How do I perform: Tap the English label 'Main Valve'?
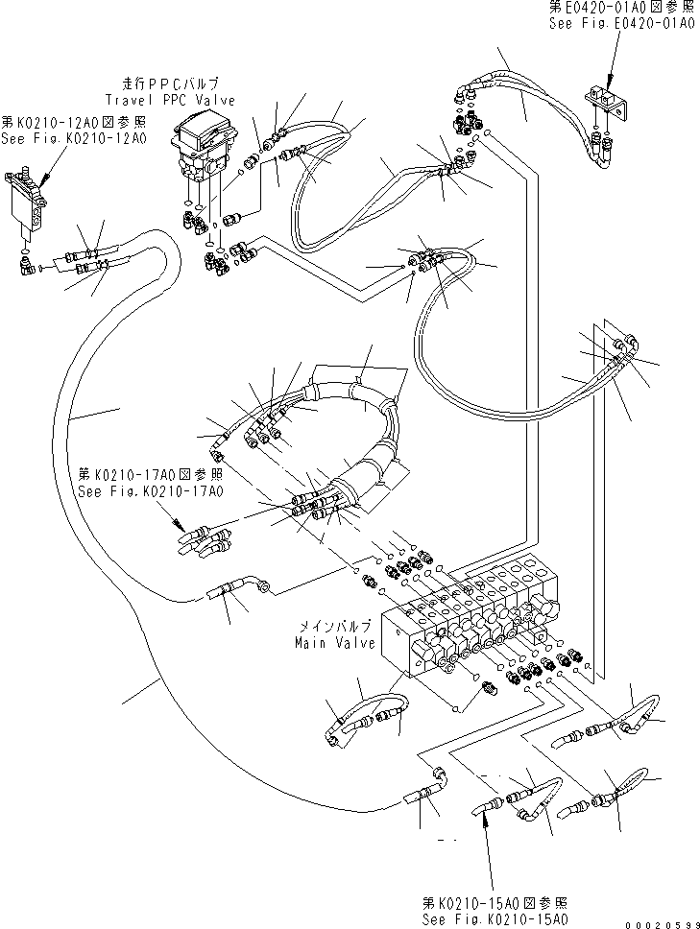pyautogui.click(x=335, y=644)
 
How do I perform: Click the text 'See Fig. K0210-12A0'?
pyautogui.click(x=74, y=138)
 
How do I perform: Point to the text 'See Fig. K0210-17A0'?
pyautogui.click(x=151, y=491)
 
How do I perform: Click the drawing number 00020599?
pyautogui.click(x=662, y=923)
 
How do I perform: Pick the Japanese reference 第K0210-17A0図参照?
pyautogui.click(x=151, y=475)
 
